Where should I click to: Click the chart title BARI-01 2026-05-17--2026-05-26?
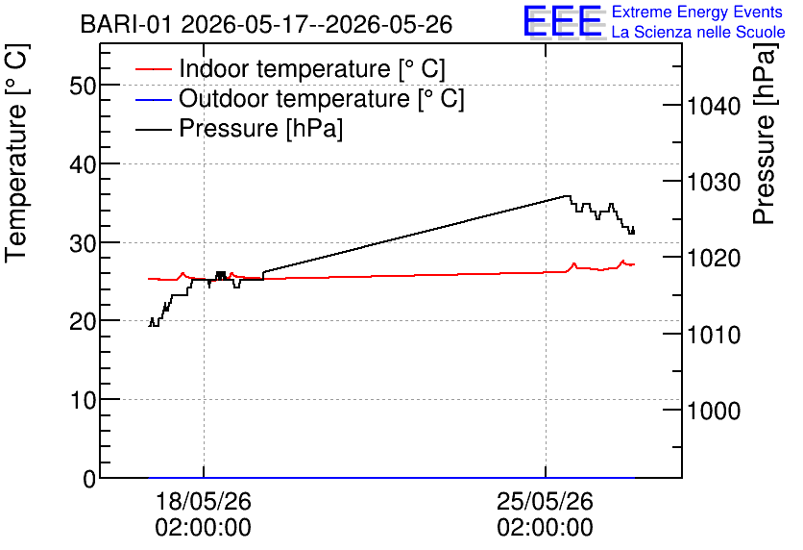coord(266,24)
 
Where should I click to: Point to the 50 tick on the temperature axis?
coord(83,86)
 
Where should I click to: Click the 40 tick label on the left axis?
coord(83,164)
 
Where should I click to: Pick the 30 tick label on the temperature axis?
coord(83,243)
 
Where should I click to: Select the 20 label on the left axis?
coord(83,321)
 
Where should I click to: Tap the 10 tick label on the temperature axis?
coord(83,400)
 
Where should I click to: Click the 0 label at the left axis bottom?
coord(89,479)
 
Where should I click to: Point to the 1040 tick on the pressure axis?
coord(714,106)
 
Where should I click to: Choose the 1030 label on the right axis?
coord(714,182)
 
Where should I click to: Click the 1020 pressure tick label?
coord(714,258)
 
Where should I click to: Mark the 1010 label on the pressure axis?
coord(714,335)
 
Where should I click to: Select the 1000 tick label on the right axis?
coord(714,411)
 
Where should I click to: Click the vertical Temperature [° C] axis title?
coord(17,153)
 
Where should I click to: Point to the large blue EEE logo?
coord(564,22)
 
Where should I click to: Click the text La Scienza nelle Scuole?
coord(698,32)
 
